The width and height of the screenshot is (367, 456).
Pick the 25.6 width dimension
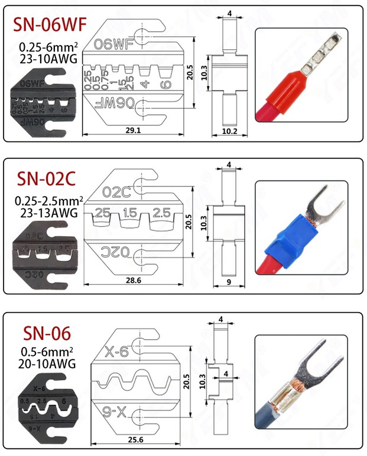[135, 439]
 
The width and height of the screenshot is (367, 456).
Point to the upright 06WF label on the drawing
[113, 43]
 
